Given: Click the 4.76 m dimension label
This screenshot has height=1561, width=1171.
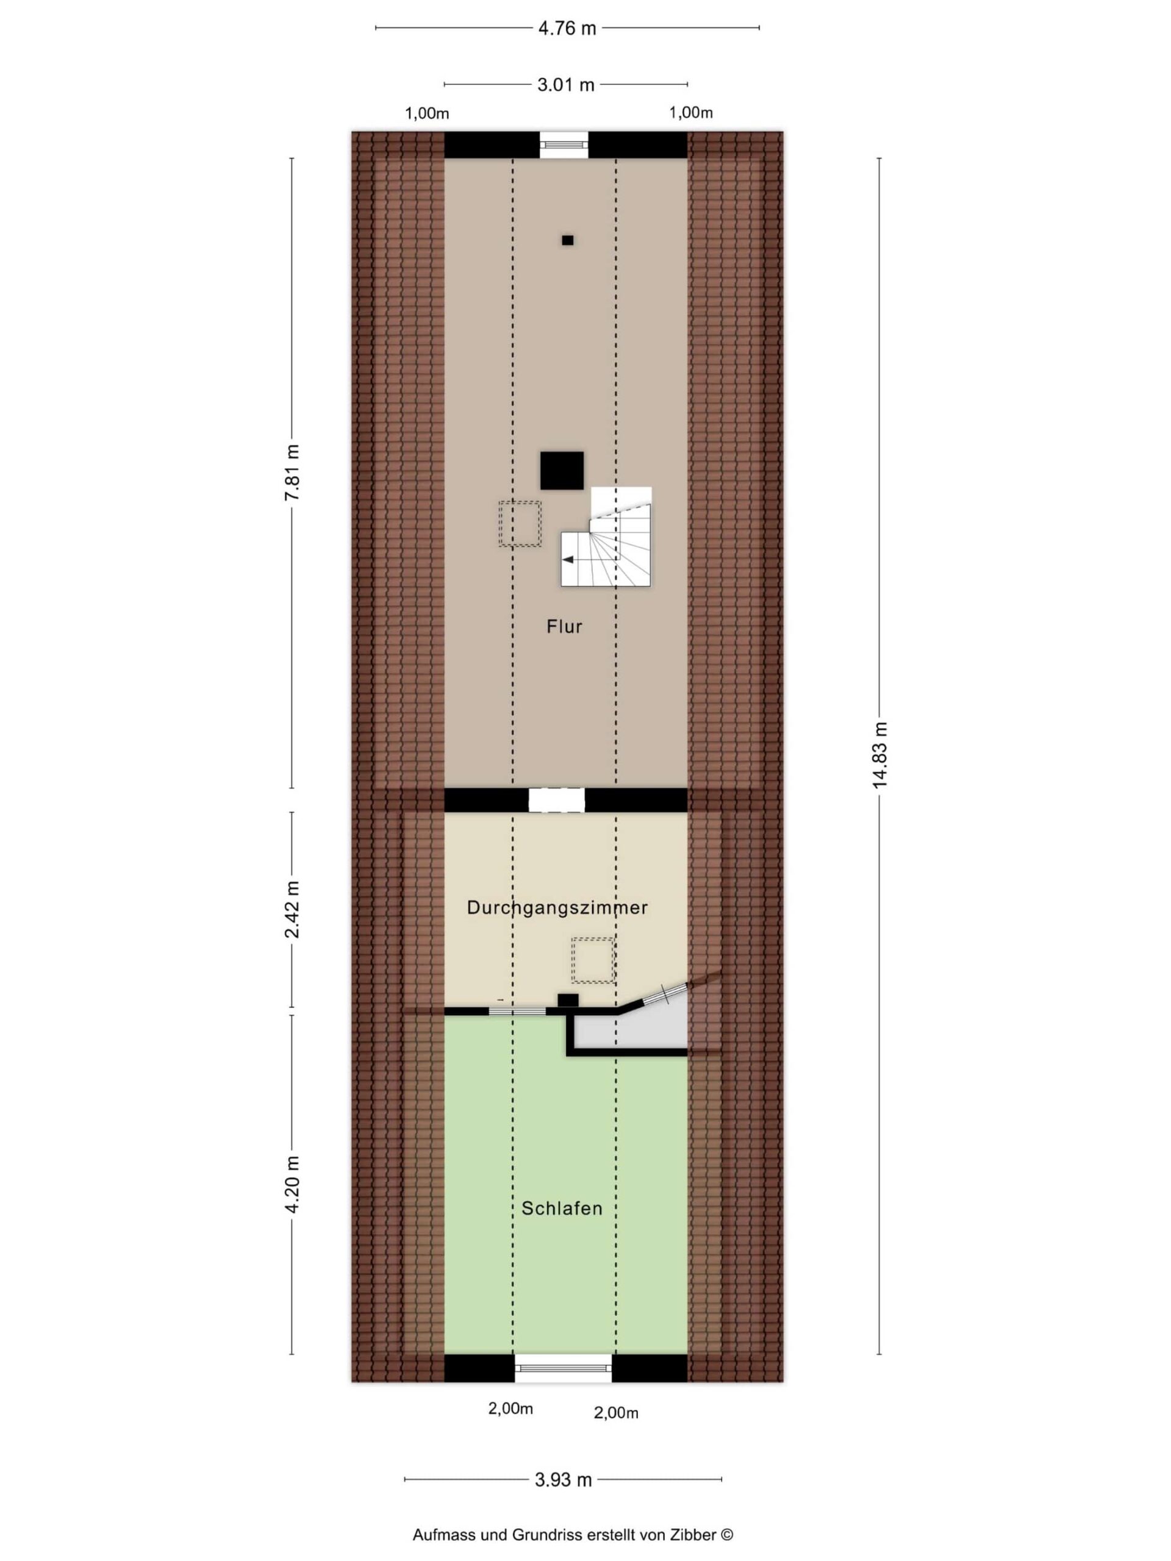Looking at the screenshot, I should tap(567, 28).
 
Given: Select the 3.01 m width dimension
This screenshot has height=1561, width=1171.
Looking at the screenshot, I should tap(565, 85).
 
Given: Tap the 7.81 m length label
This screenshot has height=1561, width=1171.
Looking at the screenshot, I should tap(292, 472).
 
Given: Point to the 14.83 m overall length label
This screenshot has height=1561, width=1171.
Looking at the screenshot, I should tap(879, 755).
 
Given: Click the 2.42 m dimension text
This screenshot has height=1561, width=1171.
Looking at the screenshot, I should tap(292, 909).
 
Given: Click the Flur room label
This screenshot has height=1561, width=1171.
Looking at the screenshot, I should tap(564, 627).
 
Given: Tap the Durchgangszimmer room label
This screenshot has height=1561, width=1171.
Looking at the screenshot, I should tap(557, 907).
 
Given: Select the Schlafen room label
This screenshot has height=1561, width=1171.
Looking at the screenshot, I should tap(562, 1209).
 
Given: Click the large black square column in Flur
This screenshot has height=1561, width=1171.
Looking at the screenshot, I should tap(562, 471).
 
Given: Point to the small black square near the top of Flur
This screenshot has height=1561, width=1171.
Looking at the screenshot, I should tap(567, 240).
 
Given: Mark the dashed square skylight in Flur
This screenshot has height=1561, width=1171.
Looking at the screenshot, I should tap(520, 524).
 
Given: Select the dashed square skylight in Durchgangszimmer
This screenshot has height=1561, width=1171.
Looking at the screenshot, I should tap(593, 960).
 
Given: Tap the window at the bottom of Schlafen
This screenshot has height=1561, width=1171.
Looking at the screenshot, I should tap(562, 1368).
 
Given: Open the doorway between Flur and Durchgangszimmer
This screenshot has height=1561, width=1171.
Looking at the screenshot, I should tap(557, 800).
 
